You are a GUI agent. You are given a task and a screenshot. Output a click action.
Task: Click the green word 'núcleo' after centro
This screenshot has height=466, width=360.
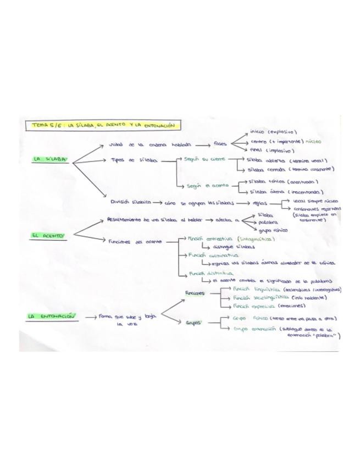click(314, 142)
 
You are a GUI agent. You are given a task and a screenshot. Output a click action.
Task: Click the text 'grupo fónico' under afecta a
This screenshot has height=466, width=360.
click(273, 231)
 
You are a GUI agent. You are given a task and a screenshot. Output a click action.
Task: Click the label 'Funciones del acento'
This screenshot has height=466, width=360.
click(132, 241)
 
